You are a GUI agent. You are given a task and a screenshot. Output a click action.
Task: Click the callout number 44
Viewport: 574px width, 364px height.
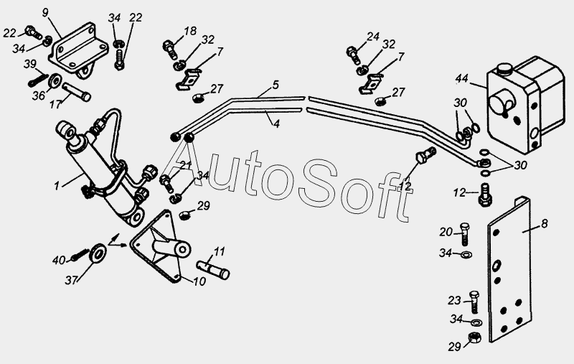pos(462,78)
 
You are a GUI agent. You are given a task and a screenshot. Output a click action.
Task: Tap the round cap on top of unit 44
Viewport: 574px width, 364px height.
pos(503,68)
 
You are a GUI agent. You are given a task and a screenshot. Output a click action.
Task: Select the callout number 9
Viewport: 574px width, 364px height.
pos(45,13)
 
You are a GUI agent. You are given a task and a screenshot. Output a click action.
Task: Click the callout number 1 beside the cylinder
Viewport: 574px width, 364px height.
pos(57,186)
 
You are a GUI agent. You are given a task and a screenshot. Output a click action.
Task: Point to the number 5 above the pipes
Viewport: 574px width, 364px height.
pos(276,85)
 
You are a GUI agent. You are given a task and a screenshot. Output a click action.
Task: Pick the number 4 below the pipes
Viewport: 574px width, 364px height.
pos(276,123)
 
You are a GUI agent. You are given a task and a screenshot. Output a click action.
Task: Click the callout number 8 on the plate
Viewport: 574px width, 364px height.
pos(544,223)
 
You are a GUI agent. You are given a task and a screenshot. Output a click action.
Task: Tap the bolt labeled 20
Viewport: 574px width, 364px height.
pos(464,234)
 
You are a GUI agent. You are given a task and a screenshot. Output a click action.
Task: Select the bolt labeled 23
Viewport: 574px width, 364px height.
pos(474,302)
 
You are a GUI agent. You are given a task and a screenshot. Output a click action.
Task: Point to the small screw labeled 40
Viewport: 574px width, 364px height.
pos(81,254)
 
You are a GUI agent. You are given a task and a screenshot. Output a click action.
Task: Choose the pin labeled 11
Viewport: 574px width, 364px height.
pos(213,269)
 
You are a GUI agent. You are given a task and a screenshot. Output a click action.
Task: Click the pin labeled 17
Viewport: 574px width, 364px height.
pos(77,93)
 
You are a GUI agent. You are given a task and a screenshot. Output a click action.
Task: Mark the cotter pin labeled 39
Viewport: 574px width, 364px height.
pos(38,80)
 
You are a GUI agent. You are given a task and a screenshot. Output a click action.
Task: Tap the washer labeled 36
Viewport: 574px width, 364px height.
pos(55,81)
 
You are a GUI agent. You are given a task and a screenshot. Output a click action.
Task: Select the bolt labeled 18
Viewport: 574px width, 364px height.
pos(169,50)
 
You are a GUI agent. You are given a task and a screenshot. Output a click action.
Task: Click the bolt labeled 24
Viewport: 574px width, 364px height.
pos(353,55)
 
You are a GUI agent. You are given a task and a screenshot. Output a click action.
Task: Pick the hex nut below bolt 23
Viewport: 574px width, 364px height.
pos(475,337)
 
